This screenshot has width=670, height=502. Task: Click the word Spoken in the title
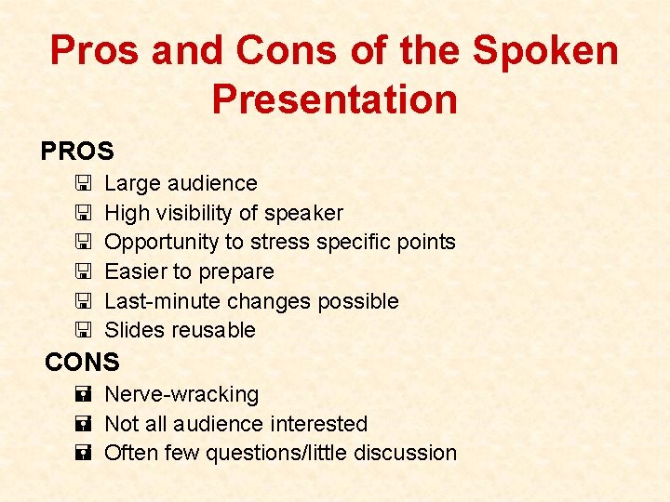coord(545,50)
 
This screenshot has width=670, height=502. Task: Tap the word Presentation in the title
coord(334,99)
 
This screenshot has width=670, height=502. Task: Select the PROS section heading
coord(77,151)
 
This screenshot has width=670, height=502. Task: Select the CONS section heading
coord(83,362)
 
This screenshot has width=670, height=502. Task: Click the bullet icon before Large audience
coord(83,184)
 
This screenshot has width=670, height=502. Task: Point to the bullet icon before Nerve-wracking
coord(83,395)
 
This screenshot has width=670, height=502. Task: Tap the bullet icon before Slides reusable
coord(83,330)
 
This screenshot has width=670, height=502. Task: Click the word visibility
coord(199,213)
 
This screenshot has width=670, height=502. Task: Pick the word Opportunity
coord(161,242)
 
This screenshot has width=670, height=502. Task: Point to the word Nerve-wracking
coord(181,394)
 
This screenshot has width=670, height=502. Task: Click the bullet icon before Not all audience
coord(83,424)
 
